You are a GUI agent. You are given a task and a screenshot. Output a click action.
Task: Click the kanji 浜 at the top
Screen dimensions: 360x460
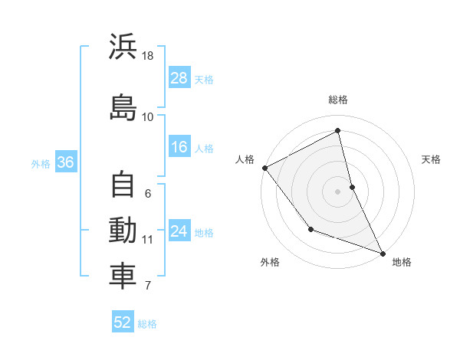tap(123, 47)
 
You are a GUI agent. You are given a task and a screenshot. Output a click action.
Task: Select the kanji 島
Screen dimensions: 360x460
tap(123, 107)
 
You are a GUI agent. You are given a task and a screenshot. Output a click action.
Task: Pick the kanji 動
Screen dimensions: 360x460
tap(123, 231)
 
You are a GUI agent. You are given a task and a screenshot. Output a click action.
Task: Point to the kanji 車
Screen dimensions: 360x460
tap(123, 277)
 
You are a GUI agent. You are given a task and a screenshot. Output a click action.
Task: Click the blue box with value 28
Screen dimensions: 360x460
tap(179, 77)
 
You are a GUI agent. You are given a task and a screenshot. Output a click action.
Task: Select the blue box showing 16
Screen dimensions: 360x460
tap(179, 147)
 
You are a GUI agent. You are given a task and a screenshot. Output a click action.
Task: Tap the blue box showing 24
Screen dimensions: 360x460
tap(179, 231)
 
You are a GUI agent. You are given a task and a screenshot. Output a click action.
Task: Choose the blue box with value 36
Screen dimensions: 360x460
tap(65, 162)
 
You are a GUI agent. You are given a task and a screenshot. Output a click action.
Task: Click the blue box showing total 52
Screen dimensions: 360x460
tap(123, 322)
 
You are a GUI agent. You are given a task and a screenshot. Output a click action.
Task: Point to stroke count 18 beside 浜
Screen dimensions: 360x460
tap(148, 56)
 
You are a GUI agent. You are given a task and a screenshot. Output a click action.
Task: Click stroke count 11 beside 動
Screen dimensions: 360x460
tap(148, 240)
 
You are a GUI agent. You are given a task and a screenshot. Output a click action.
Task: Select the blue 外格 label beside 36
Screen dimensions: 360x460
tap(41, 163)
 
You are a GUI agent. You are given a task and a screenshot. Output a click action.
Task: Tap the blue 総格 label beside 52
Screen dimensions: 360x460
tap(147, 324)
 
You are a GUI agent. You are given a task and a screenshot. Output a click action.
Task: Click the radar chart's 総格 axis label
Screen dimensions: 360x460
tap(338, 100)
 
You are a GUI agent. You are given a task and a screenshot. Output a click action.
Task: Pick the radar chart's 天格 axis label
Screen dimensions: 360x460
tap(431, 159)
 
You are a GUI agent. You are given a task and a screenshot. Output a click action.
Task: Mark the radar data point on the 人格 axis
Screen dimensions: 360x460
tap(264, 168)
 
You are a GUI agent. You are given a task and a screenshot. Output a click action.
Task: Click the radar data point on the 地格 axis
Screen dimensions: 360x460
tap(383, 252)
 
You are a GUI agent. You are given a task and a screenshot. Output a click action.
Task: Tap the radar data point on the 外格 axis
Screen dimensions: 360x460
tap(310, 229)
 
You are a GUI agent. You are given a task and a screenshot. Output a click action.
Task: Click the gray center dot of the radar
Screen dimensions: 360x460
tap(337, 191)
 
